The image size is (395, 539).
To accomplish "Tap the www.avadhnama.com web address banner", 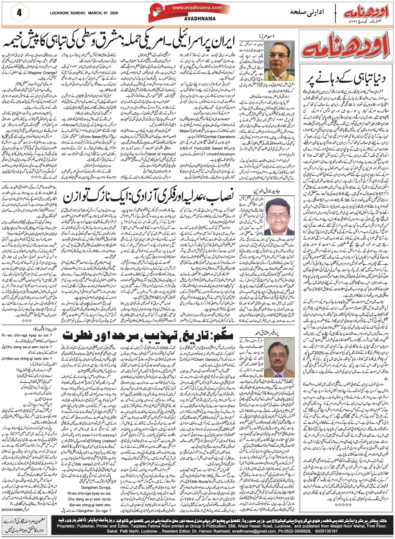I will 191,8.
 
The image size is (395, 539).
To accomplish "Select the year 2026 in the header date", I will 117,13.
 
